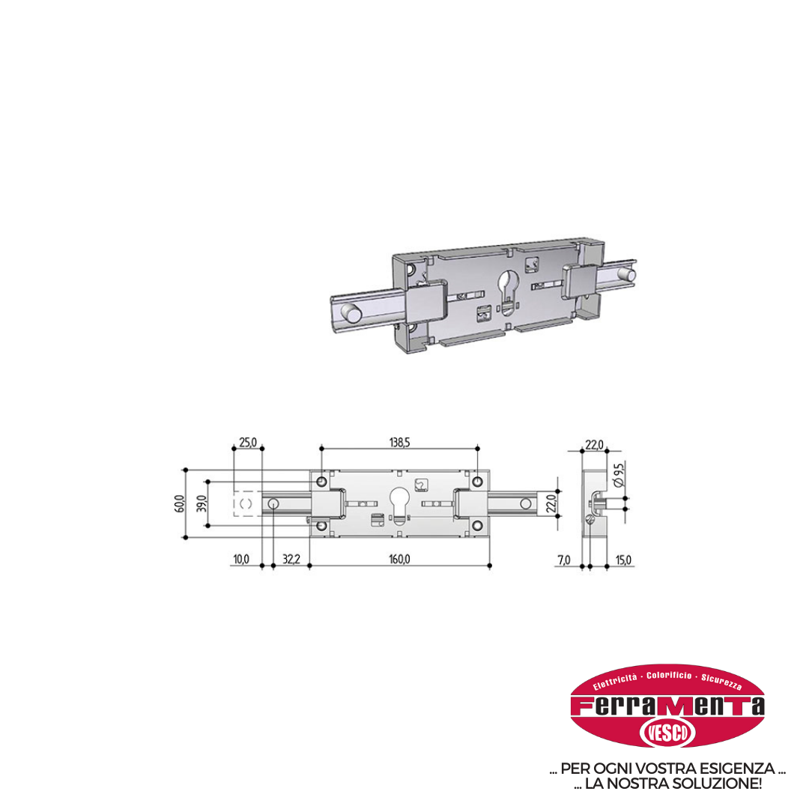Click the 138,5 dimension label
point(399,443)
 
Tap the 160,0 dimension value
point(399,560)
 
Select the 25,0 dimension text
point(248,443)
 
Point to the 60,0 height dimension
point(179,503)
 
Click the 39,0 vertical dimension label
point(202,503)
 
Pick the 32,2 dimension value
point(291,560)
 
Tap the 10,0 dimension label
point(241,560)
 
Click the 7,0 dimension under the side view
point(564,560)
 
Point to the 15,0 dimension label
point(623,560)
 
